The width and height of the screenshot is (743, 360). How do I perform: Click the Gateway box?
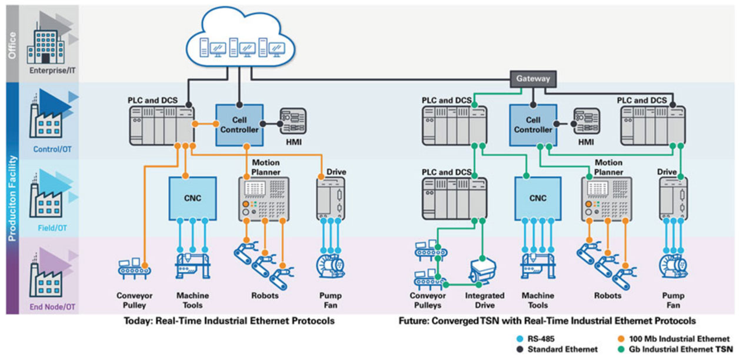click(x=532, y=78)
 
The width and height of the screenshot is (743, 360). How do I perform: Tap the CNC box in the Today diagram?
click(x=192, y=198)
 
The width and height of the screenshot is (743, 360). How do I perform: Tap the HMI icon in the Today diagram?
click(x=293, y=122)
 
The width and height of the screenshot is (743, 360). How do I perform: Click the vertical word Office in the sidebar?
click(x=12, y=44)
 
